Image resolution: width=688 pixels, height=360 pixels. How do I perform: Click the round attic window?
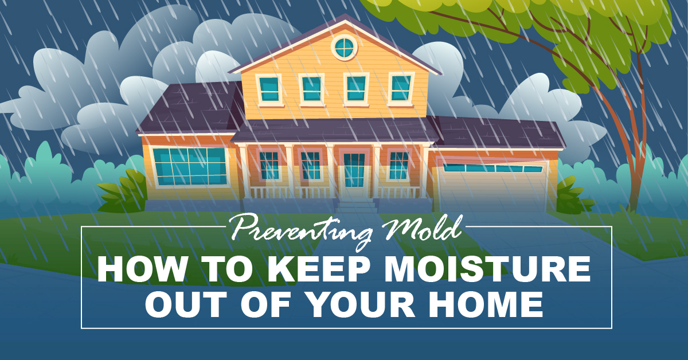(x=345, y=48)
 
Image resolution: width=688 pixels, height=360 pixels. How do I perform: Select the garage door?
(x=492, y=186)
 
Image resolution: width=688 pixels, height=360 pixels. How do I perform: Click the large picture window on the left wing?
(x=190, y=166)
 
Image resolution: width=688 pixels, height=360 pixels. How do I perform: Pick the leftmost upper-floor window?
(x=269, y=89)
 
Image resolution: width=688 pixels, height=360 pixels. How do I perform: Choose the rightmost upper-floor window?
(x=401, y=88)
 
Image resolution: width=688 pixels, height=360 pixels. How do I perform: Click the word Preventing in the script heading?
(x=301, y=231)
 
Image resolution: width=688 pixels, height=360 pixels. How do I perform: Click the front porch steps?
(x=356, y=206)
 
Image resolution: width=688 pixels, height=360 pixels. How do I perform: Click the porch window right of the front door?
(x=398, y=165)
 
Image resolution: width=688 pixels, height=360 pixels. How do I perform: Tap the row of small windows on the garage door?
(x=492, y=169)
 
